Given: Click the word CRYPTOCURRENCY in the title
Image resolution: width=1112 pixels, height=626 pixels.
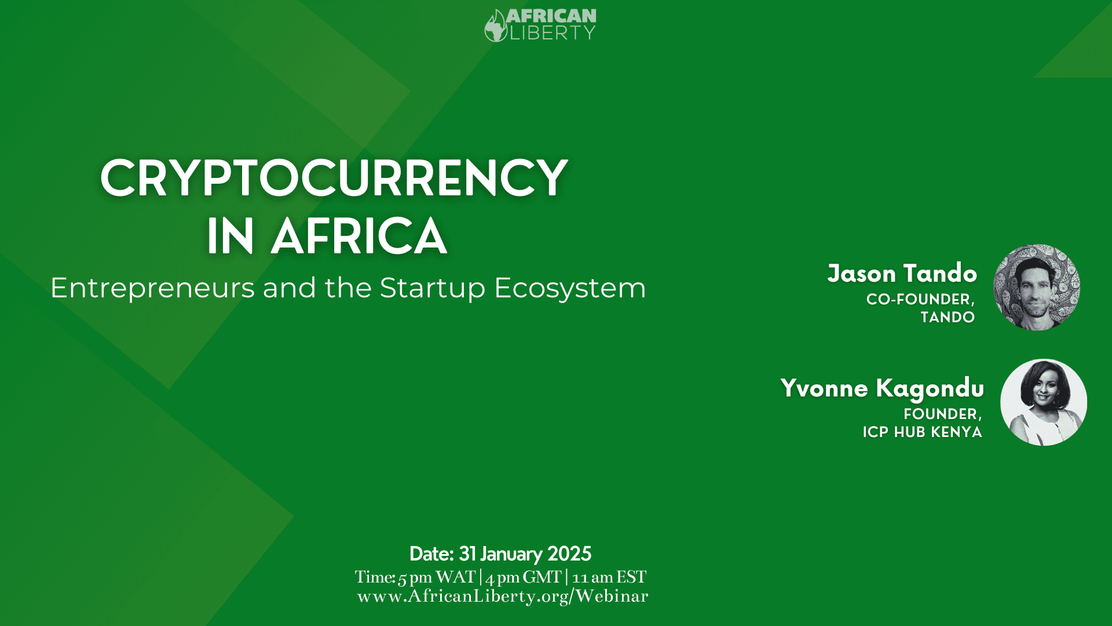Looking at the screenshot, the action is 334,178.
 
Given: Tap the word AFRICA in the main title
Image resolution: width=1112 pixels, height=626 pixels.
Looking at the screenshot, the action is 359,236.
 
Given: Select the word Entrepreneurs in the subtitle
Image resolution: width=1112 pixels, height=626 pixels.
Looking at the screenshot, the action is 152,288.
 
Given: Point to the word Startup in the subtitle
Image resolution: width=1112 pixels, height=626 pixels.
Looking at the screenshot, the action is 432,288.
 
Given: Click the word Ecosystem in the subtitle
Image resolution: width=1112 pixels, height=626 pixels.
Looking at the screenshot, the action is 570,288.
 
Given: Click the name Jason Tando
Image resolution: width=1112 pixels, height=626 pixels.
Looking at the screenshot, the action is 902,273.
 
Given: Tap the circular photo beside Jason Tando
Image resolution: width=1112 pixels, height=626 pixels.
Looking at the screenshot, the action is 1037,287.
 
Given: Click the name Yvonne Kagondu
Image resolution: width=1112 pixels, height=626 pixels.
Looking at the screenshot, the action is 882,388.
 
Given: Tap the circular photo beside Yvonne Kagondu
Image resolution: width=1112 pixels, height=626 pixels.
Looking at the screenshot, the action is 1044,402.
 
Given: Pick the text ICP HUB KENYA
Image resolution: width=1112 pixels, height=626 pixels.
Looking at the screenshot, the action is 922,432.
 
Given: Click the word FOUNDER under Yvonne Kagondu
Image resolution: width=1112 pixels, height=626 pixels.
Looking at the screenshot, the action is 942,414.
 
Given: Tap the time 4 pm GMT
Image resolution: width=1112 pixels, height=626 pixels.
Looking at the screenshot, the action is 524,577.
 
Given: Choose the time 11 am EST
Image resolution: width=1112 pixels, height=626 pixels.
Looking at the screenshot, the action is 609,577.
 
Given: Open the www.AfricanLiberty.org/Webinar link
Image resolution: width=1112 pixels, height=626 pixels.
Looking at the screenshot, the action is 503,596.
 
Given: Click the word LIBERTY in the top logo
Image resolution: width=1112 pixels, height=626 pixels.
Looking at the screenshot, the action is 553,33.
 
